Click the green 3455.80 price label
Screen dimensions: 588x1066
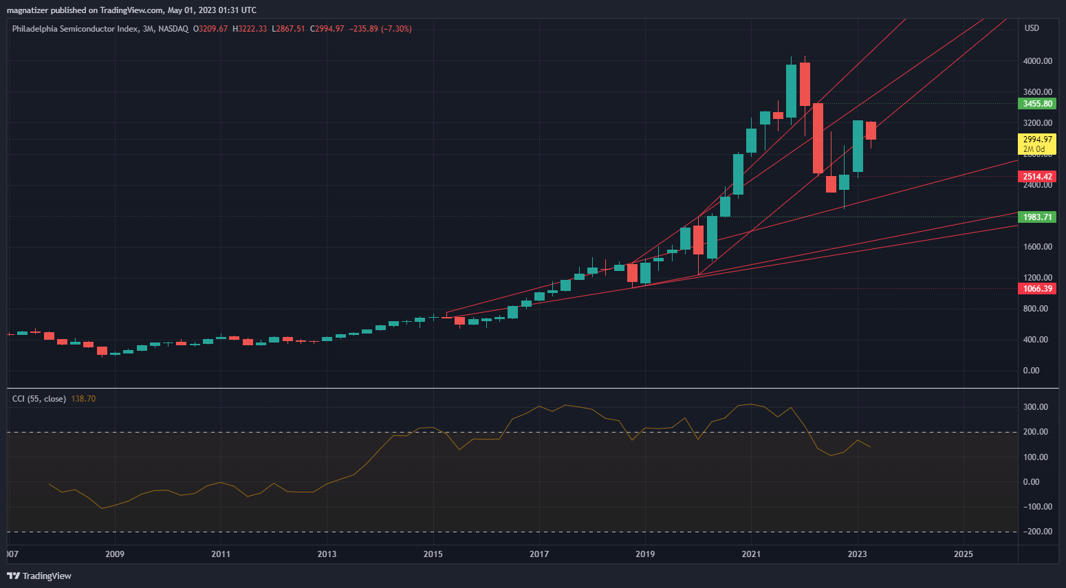click(1037, 104)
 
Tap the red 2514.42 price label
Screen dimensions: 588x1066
click(1037, 177)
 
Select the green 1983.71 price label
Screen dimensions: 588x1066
click(1037, 217)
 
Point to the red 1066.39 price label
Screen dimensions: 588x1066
click(1037, 289)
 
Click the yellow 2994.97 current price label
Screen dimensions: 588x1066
click(1037, 140)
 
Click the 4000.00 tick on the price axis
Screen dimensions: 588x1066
click(1037, 61)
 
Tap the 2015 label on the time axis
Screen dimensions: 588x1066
click(433, 554)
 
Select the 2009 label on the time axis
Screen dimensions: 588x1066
click(115, 554)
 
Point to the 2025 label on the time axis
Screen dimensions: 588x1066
click(964, 554)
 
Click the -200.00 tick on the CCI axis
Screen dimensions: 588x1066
click(1034, 532)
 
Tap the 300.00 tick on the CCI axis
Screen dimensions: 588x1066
click(1035, 407)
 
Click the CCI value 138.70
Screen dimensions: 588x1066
click(83, 399)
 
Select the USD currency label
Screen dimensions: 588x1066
click(1032, 28)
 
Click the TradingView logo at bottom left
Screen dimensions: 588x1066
click(39, 576)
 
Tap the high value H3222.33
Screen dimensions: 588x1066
click(250, 29)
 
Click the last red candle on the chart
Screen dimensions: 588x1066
click(871, 131)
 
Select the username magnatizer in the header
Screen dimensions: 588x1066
click(27, 10)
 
